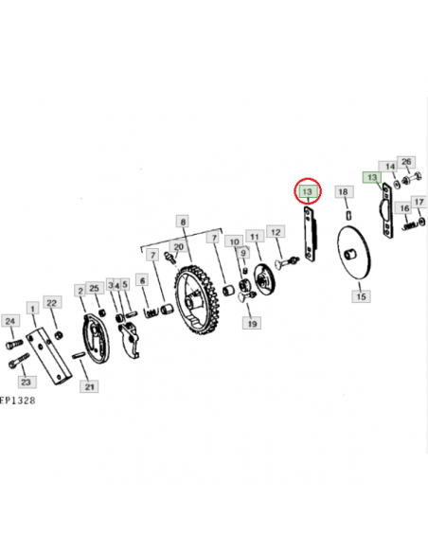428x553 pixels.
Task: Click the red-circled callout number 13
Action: point(308,191)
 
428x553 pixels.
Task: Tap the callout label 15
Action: point(361,295)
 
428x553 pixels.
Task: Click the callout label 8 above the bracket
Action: point(183,222)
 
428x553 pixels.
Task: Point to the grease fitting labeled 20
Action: point(169,257)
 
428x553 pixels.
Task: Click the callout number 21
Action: point(89,387)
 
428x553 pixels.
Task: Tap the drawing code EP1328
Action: point(18,401)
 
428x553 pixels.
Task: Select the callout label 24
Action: point(10,321)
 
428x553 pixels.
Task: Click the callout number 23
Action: point(26,382)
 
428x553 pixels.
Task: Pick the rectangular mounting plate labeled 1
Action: point(49,356)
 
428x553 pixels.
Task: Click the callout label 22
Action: point(52,303)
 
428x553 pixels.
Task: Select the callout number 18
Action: point(343,192)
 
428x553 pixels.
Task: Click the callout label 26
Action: point(406,162)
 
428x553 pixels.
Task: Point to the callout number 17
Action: point(419,202)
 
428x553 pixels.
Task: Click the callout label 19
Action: point(252,324)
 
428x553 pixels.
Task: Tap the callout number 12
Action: point(276,232)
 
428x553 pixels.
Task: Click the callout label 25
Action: point(94,288)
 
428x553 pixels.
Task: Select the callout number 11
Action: point(255,237)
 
